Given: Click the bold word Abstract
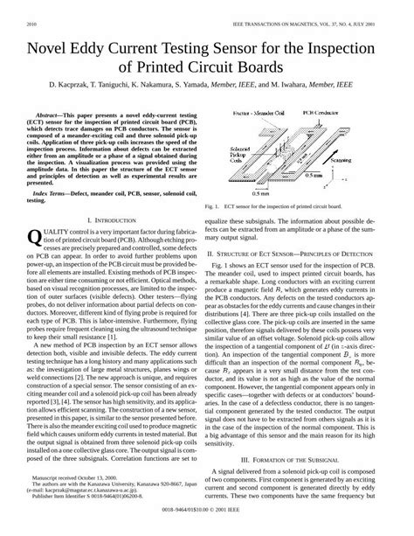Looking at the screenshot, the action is [53, 115].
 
